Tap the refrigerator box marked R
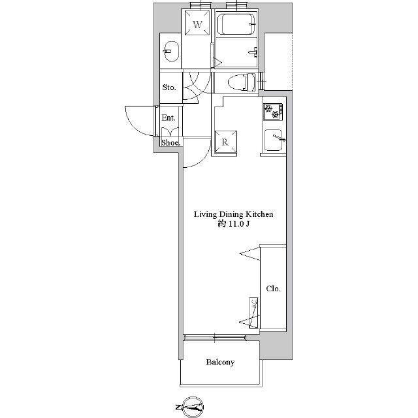coord(225,142)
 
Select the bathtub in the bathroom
coord(236,24)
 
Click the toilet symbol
coord(242,81)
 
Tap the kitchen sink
coord(273,140)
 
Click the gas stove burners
coord(273,112)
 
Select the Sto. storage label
coord(169,87)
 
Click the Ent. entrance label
coord(169,118)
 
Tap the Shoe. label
coord(170,142)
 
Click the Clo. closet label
coord(273,289)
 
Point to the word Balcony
coord(220,362)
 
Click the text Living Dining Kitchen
coord(233,215)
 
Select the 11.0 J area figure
coord(238,224)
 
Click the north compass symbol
coord(190,407)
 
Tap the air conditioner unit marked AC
coord(253,313)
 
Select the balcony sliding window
coord(215,338)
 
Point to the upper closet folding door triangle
coord(250,254)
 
